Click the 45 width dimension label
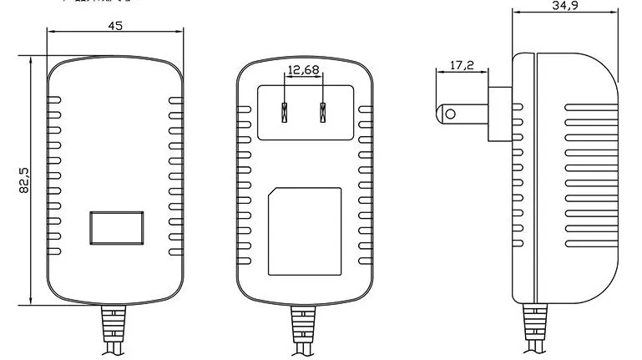point(115,26)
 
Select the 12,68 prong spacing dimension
point(304,71)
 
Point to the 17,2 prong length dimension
point(462,64)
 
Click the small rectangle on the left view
point(115,229)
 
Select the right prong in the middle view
point(321,111)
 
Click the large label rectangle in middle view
point(304,231)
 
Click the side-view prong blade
point(464,113)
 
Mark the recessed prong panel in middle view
point(304,111)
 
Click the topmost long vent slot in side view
point(592,107)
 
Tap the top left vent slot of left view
point(54,99)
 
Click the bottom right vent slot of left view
point(176,252)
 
